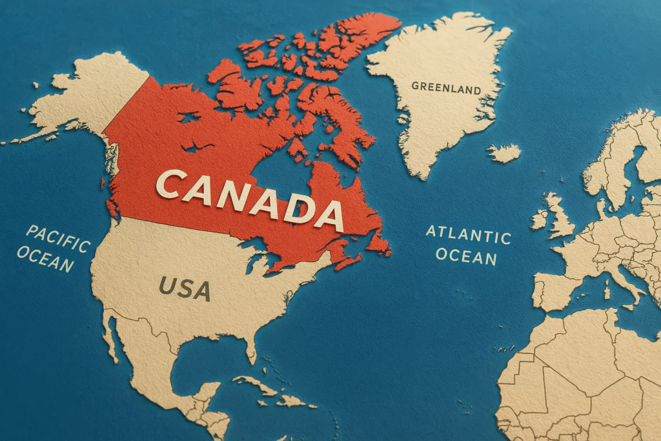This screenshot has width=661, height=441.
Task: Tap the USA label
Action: tap(185, 288)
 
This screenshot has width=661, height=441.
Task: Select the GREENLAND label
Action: tap(445, 87)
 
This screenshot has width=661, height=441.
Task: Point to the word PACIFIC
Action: tap(58, 238)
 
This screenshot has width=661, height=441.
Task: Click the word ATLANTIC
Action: tap(468, 234)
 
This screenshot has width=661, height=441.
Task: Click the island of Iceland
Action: tap(503, 153)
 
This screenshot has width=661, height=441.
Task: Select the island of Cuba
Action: tap(258, 385)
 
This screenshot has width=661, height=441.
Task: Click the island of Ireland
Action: tap(539, 220)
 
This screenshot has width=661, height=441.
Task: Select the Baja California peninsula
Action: tap(110, 336)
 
